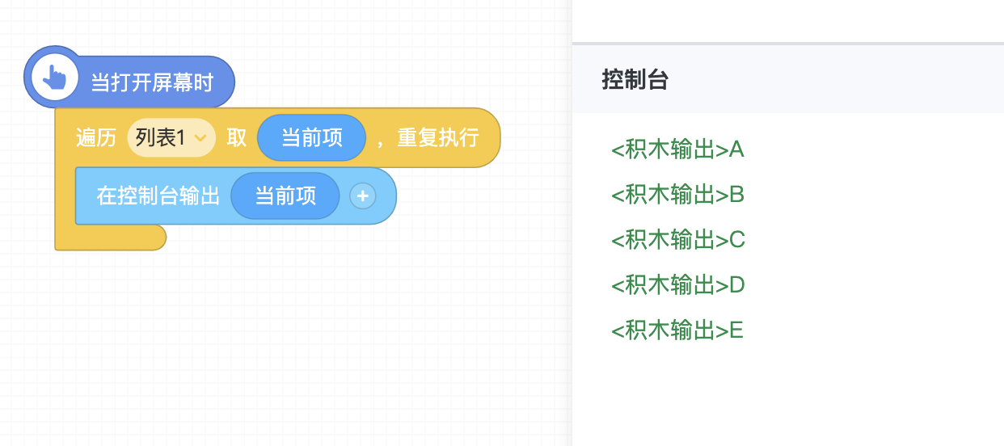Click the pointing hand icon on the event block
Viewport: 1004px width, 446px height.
click(54, 78)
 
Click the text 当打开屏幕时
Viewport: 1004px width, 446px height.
click(151, 82)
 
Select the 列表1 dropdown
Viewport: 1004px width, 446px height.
click(171, 138)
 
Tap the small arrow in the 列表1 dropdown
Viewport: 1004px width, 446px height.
click(200, 139)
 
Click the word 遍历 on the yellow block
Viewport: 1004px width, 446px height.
click(96, 138)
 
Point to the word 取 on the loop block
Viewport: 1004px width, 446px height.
click(236, 138)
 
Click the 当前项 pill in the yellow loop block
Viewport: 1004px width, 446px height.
click(311, 138)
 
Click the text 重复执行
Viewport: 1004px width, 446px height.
click(437, 138)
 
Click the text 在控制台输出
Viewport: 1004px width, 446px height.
click(158, 196)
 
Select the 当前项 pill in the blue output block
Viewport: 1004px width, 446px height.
click(285, 196)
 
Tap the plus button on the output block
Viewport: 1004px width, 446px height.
click(363, 196)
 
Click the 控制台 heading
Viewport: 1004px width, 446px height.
click(635, 79)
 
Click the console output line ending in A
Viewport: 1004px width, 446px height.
click(677, 149)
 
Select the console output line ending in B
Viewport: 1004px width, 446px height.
click(677, 195)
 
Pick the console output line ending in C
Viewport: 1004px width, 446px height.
click(677, 240)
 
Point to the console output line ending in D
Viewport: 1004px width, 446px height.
click(677, 285)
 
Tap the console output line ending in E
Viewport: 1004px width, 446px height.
click(677, 330)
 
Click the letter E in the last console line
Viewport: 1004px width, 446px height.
click(736, 330)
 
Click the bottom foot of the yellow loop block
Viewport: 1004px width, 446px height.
click(110, 238)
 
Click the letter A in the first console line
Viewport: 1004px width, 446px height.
click(736, 149)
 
